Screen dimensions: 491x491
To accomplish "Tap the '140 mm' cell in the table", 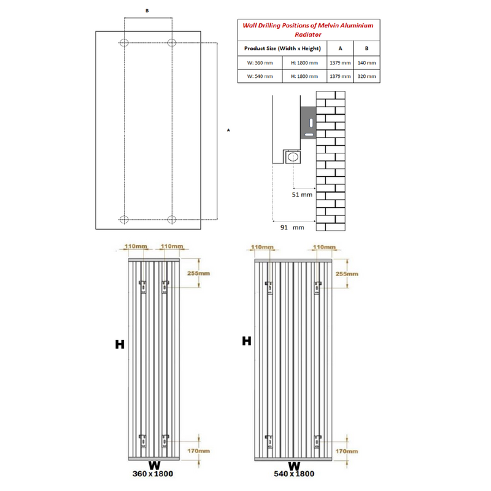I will pos(366,63).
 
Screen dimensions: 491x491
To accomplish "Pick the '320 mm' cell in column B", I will pos(366,77).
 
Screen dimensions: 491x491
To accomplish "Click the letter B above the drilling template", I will pos(147,11).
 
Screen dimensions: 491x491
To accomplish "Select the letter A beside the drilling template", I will pos(228,131).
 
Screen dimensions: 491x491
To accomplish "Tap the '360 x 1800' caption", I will pos(153,474).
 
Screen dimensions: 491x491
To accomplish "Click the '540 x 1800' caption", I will pos(294,474).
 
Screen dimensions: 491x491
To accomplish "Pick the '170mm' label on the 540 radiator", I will pos(346,451).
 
